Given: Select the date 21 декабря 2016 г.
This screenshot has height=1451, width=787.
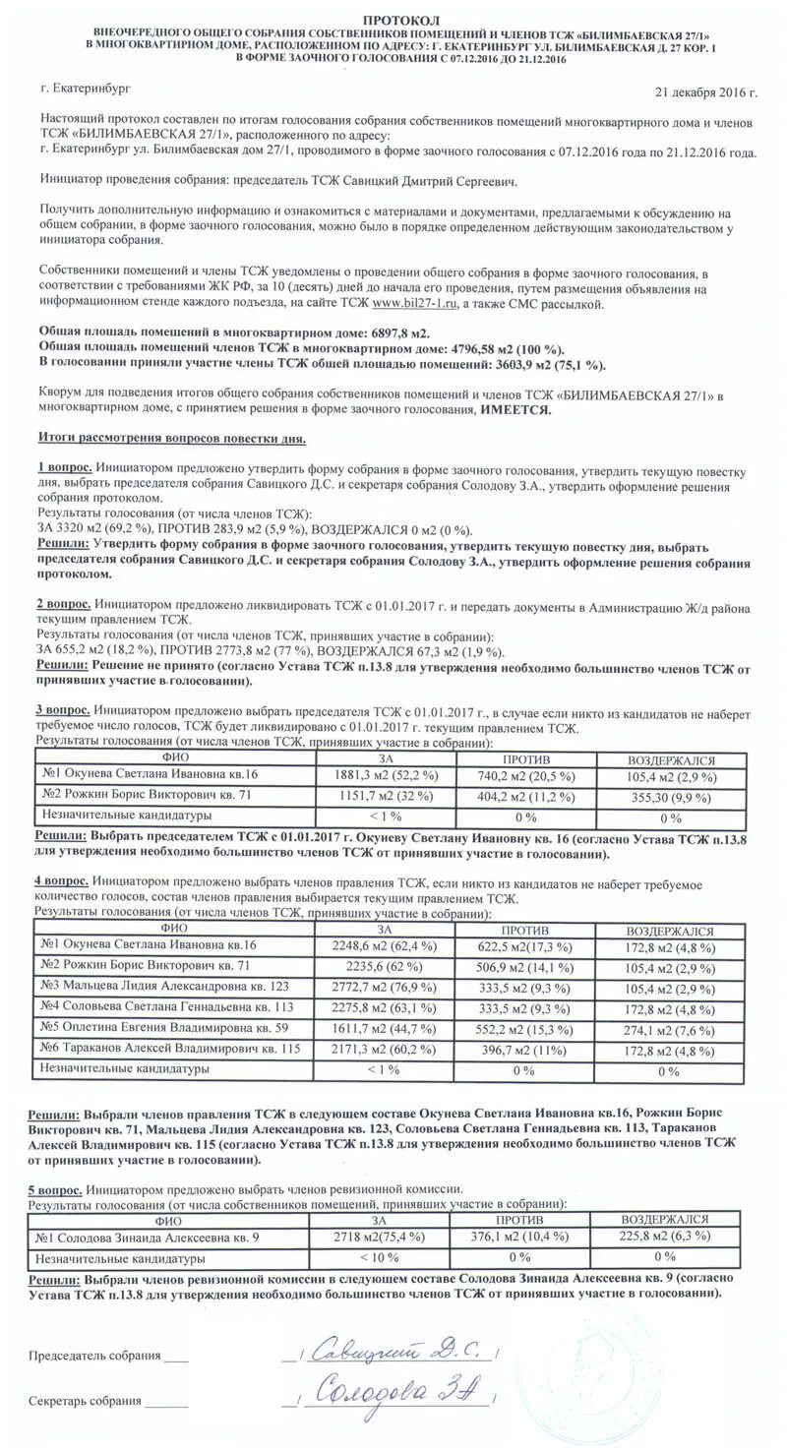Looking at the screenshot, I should tap(705, 92).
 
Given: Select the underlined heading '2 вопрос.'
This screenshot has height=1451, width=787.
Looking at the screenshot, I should tap(65, 603).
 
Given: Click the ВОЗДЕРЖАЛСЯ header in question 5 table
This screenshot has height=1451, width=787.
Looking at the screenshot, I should tap(664, 1219).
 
